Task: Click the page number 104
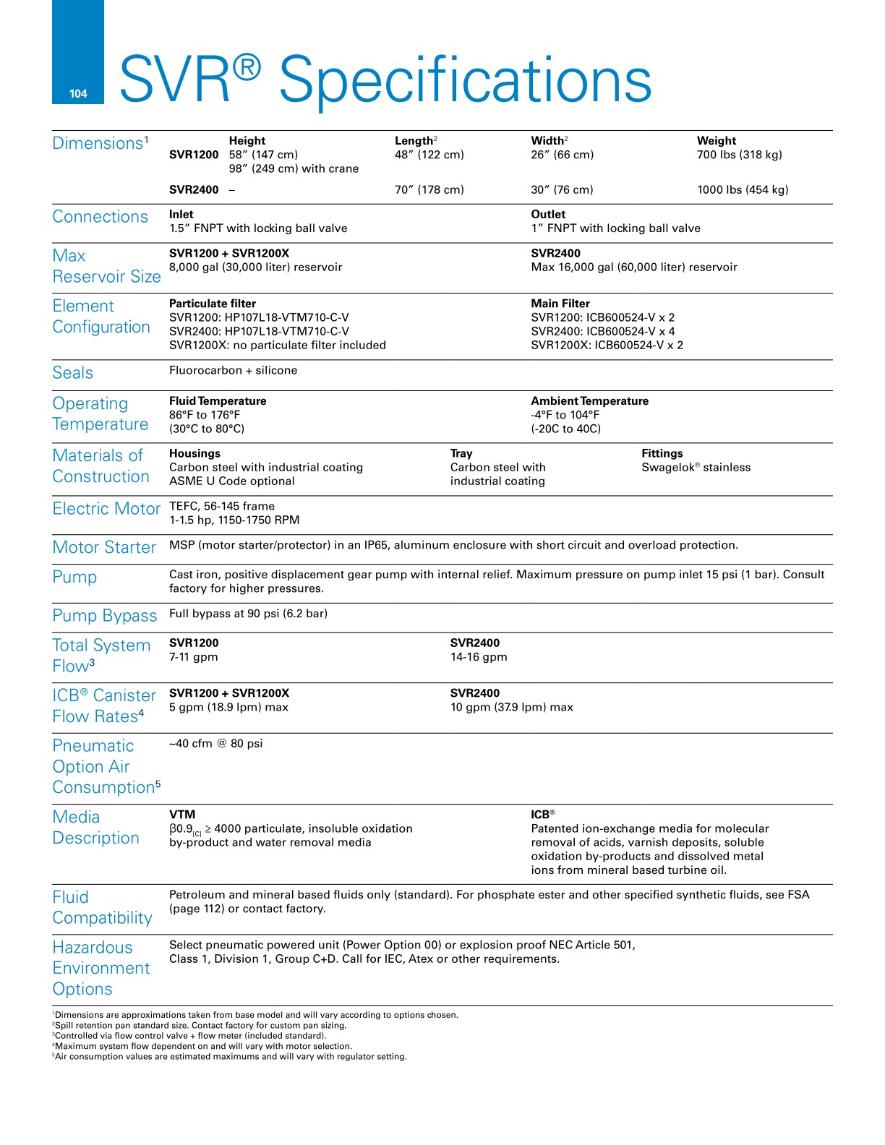tap(78, 94)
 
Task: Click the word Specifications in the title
tap(465, 80)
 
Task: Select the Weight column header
tap(716, 141)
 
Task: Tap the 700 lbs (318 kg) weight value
tap(739, 155)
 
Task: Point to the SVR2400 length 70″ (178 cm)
tap(429, 190)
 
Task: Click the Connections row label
tap(101, 217)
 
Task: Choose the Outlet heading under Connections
tap(548, 215)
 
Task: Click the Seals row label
tap(73, 373)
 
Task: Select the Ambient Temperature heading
tap(589, 401)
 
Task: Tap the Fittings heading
tap(662, 454)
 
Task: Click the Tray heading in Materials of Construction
tap(461, 454)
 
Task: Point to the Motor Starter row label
tap(105, 548)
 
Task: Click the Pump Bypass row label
tap(105, 616)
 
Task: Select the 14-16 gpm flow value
tap(479, 657)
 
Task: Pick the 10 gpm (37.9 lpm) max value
tap(511, 707)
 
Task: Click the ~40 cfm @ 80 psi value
tap(216, 744)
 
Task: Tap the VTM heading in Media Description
tap(182, 815)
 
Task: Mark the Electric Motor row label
tap(106, 509)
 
